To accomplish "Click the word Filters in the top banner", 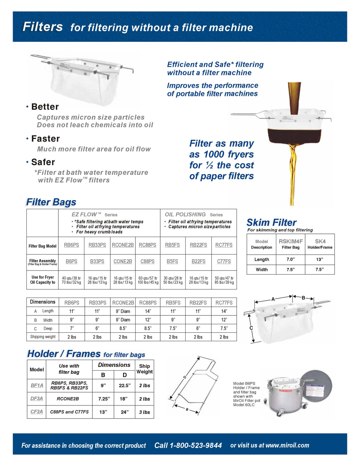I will [43, 27].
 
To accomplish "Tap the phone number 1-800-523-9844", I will [188, 445].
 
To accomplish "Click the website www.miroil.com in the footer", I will [287, 445].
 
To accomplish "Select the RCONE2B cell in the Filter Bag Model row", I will [123, 245].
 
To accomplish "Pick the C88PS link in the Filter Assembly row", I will [147, 261].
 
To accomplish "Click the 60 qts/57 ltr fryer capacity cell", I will [148, 280].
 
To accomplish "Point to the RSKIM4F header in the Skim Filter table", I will [290, 241].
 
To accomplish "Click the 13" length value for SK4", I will [320, 260].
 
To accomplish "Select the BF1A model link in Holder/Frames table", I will [37, 385].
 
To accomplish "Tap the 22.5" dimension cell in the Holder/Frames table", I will [124, 385].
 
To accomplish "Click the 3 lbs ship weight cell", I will [144, 412].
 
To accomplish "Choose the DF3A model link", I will [37, 398].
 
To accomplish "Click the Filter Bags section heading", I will [51, 202].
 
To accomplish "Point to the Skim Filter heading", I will [271, 223].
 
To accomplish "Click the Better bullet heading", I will [45, 107].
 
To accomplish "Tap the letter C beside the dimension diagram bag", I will [251, 328].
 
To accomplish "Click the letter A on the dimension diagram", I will [273, 299].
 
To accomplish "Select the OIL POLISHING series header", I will [185, 215].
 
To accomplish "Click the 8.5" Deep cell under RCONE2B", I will [123, 328].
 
